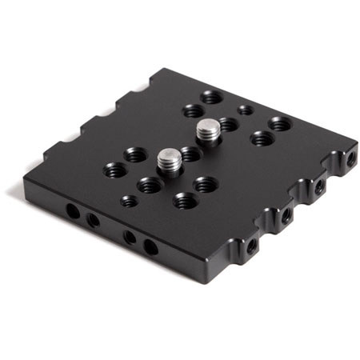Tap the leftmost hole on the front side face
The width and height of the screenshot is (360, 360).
73,212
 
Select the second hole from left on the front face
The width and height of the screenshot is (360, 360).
93,220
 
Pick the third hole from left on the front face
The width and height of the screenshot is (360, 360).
130,237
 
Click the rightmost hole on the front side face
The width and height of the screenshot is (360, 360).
150,245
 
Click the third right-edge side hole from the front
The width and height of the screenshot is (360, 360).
319,187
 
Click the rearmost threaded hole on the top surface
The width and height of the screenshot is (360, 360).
211,97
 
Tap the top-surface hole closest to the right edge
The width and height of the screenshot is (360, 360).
278,124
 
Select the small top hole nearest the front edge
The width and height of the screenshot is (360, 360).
129,200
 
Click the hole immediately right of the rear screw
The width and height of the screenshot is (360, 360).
229,124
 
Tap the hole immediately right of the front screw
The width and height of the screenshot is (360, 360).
190,153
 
